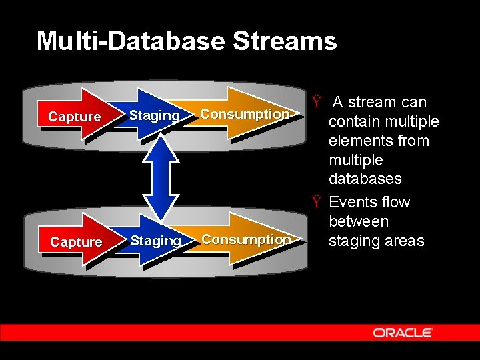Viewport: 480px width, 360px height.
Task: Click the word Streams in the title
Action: [285, 41]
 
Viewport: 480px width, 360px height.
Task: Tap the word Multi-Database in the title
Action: [131, 41]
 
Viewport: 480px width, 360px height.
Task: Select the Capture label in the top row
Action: [75, 117]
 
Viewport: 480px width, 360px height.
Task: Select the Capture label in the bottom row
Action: [76, 242]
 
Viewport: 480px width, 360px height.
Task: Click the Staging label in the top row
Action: [154, 115]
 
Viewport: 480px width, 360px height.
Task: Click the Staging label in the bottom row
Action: [156, 240]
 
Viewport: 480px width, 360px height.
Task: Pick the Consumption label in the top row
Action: [245, 114]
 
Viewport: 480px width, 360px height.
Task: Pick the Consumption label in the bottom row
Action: [246, 239]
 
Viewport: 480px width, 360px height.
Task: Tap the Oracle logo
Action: [403, 333]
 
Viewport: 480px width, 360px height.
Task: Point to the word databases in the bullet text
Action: [365, 179]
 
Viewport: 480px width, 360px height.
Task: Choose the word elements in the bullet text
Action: [359, 141]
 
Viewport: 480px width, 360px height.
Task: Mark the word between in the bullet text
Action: [359, 221]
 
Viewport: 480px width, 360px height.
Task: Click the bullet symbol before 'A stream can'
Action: [317, 103]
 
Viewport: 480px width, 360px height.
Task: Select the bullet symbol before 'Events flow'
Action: [317, 202]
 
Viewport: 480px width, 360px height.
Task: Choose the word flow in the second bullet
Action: [397, 202]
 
